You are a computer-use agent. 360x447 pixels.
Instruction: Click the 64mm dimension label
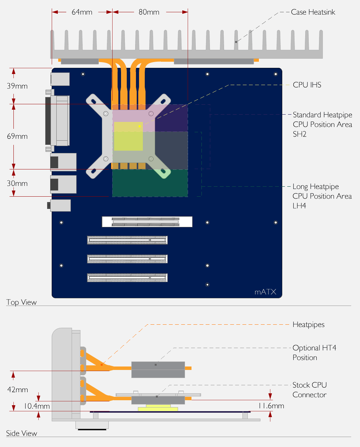coord(82,12)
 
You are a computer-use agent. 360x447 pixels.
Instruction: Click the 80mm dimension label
coord(149,12)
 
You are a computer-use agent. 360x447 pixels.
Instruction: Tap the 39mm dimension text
coord(17,86)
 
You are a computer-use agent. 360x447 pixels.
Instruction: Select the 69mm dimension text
coord(17,136)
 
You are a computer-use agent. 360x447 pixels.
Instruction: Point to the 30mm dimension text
coord(17,183)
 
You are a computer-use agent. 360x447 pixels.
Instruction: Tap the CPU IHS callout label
coord(307,85)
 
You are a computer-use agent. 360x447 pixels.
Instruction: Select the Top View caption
coord(21,302)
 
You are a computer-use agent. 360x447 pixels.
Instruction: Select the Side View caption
coord(21,433)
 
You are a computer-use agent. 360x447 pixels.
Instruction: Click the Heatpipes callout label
coord(308,324)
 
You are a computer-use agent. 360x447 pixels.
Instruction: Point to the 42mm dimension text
coord(17,389)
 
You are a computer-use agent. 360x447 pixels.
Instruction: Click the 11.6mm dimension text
coord(271,406)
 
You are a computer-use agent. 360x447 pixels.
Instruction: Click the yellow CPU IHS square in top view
coord(128,136)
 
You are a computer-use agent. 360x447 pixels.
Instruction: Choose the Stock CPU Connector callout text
coord(309,389)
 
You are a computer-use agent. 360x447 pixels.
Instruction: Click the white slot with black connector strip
coord(147,222)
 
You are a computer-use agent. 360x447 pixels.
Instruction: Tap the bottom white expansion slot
coord(127,278)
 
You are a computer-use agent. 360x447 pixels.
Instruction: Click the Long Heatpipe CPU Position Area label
coord(322,196)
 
